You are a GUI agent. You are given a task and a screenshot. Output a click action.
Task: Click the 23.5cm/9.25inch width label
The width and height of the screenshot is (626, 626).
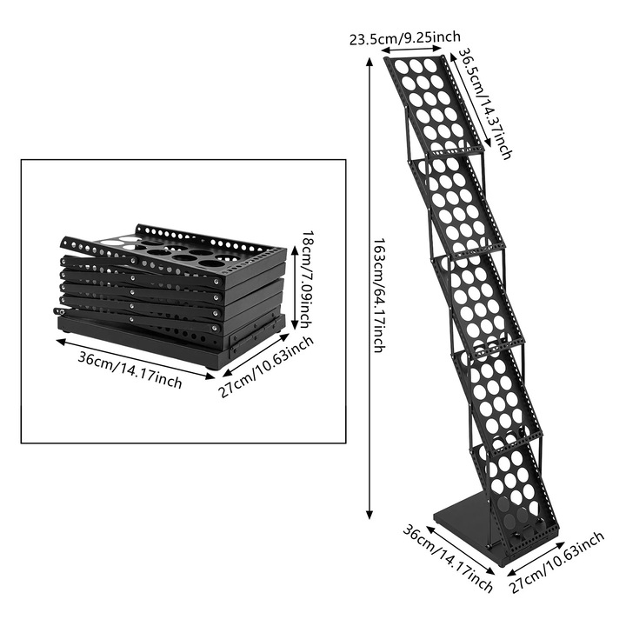point(405,38)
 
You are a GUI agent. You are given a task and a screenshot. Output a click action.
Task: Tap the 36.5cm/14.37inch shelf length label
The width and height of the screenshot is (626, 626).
point(484,103)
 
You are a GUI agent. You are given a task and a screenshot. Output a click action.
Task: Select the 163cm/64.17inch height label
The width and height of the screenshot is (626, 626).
point(379,296)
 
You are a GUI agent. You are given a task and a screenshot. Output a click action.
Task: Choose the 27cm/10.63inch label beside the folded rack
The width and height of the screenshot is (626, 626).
point(266,367)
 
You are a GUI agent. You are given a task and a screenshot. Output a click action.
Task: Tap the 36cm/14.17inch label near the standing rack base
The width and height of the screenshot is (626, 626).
point(448,558)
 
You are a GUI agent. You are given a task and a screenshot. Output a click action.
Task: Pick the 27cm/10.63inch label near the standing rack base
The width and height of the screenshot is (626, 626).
point(556,563)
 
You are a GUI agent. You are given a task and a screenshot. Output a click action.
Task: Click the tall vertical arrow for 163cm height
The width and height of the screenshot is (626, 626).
point(370,288)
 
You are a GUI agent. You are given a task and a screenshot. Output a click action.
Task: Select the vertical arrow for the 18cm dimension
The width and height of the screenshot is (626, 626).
point(295,288)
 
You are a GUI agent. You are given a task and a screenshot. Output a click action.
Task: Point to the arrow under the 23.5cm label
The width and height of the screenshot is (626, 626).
point(411,49)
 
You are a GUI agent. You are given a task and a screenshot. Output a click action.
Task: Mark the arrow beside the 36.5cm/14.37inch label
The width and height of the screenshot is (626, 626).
point(470,101)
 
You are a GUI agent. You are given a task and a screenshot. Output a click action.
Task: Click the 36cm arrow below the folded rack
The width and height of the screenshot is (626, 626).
point(135,359)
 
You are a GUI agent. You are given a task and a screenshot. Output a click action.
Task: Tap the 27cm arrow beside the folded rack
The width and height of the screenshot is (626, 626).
point(256,355)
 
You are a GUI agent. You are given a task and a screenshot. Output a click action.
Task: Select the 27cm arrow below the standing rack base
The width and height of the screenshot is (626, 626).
point(536,558)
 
